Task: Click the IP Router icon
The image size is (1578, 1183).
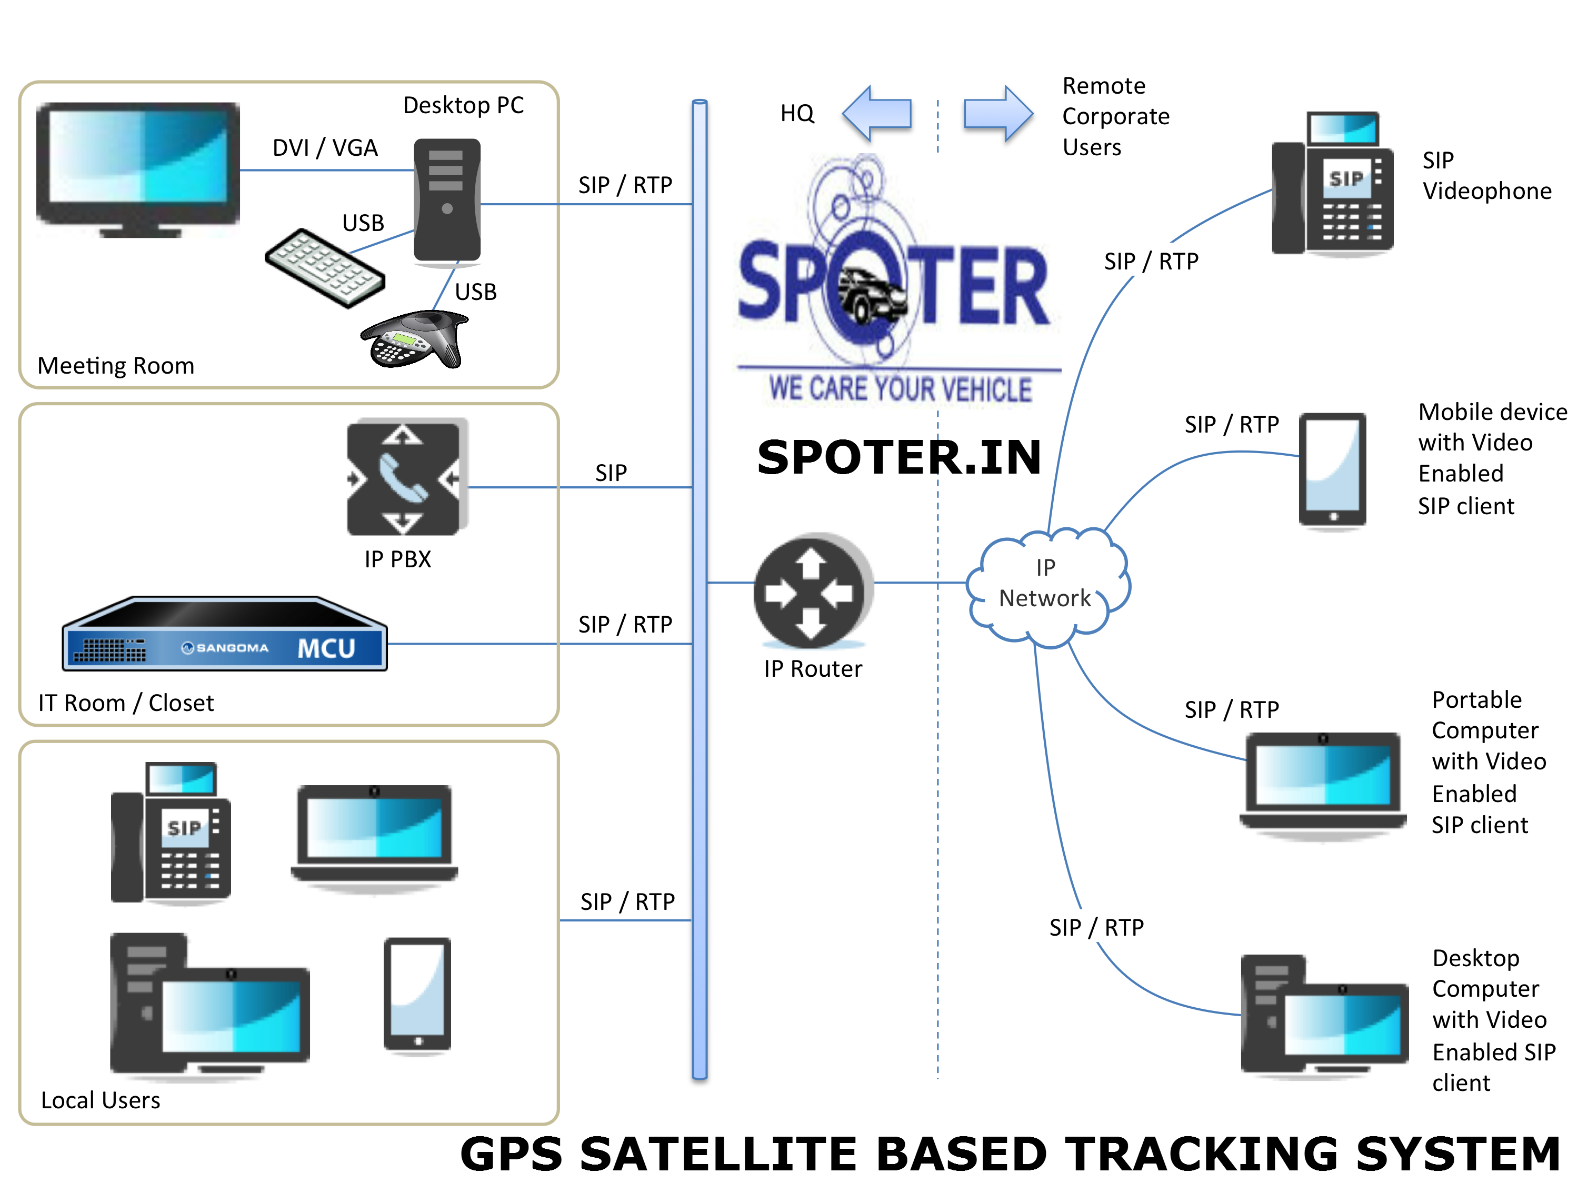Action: click(812, 590)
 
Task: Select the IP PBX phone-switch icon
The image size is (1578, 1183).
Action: click(404, 477)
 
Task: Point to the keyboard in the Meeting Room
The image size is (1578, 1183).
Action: click(325, 268)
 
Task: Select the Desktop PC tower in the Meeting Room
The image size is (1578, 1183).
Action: click(446, 199)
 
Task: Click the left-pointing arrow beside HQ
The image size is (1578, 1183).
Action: click(877, 113)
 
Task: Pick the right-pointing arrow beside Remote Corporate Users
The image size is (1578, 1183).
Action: click(998, 113)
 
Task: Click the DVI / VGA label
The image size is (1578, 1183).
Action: click(325, 147)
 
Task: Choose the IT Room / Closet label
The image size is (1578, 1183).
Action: click(126, 703)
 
